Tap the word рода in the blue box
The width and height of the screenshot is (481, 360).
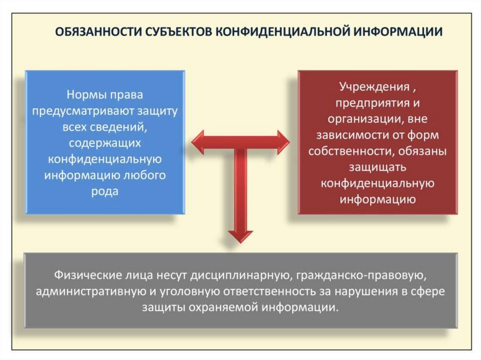coord(105,191)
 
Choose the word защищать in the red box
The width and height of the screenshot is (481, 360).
coord(377,167)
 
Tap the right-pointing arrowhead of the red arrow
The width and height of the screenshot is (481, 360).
coord(283,142)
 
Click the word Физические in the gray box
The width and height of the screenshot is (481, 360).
coord(84,274)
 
